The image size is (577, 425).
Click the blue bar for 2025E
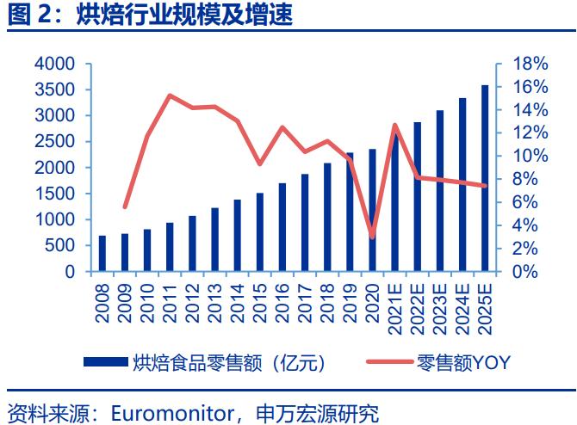(485, 178)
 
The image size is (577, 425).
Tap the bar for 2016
(282, 227)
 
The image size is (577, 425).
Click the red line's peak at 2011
(170, 95)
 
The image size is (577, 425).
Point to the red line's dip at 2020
(372, 237)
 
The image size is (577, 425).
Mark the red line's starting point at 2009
(125, 206)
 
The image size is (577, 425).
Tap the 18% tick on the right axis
(530, 65)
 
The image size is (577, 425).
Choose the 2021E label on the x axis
(394, 306)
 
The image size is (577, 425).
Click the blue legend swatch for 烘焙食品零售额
(105, 363)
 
